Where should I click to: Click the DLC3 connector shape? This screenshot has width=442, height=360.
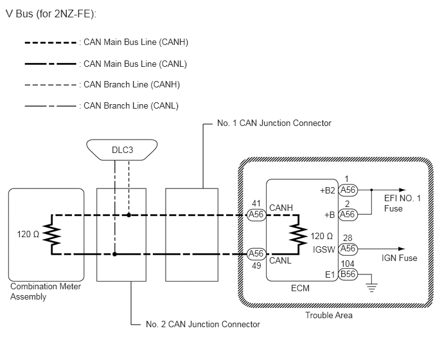click(122, 150)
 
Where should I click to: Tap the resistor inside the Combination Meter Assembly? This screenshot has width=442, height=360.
click(52, 235)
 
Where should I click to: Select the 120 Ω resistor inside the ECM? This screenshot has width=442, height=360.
click(299, 235)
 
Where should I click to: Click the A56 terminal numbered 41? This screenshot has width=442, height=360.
click(256, 215)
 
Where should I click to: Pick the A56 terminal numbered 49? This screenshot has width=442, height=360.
click(256, 254)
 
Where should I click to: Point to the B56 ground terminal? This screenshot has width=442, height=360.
click(348, 274)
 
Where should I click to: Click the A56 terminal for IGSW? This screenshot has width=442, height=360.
click(348, 249)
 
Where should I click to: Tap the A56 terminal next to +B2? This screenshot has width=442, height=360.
click(348, 190)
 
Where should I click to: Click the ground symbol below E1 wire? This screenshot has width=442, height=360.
click(371, 288)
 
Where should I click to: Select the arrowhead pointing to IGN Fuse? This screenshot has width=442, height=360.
click(402, 249)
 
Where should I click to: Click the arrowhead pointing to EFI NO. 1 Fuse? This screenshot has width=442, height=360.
click(402, 190)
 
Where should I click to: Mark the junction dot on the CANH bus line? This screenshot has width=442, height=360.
click(129, 215)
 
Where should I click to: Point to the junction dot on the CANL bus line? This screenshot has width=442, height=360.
click(115, 254)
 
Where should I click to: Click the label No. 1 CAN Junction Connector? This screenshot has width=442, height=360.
click(274, 123)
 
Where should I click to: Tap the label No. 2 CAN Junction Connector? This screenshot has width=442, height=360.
click(202, 324)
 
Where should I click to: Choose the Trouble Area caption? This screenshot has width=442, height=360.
click(329, 315)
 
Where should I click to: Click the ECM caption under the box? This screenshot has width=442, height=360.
click(300, 288)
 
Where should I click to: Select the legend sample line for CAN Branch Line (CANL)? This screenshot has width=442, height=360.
click(51, 106)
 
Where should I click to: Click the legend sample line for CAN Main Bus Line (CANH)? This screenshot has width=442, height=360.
click(51, 43)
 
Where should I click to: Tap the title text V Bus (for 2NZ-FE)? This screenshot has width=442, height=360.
click(51, 14)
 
